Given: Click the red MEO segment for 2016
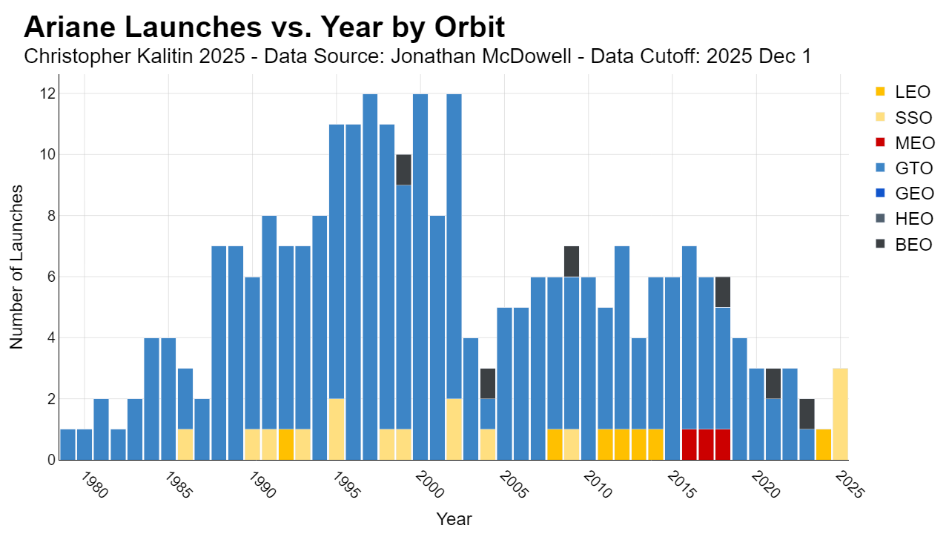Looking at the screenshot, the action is pos(690,444).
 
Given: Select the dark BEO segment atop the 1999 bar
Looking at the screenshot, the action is pos(404,170).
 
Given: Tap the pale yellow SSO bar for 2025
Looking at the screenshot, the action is pos(841,414).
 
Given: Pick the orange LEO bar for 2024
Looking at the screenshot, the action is pos(824,444).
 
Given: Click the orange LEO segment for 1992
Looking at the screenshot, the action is pos(286,444).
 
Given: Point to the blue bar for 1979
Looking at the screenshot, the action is pos(67,444).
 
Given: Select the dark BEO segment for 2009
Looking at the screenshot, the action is pos(572,262).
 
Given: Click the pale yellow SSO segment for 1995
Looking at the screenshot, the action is pos(337,429).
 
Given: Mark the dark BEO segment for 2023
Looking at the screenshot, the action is pos(807,414).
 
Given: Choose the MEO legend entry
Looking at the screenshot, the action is pos(905,143).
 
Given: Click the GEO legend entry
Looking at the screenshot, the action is pos(905,194).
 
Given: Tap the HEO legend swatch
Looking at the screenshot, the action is pos(880,218).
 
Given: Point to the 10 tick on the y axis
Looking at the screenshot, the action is pos(48,155).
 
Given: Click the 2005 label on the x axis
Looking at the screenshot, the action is pos(514,485).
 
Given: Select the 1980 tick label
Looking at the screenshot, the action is pos(94,485).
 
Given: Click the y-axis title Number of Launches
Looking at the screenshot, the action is pos(16,267).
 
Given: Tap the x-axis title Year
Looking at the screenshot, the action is pos(454,519).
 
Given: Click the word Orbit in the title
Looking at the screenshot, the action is pos(469,27).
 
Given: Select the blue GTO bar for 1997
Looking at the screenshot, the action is pos(370,277).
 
